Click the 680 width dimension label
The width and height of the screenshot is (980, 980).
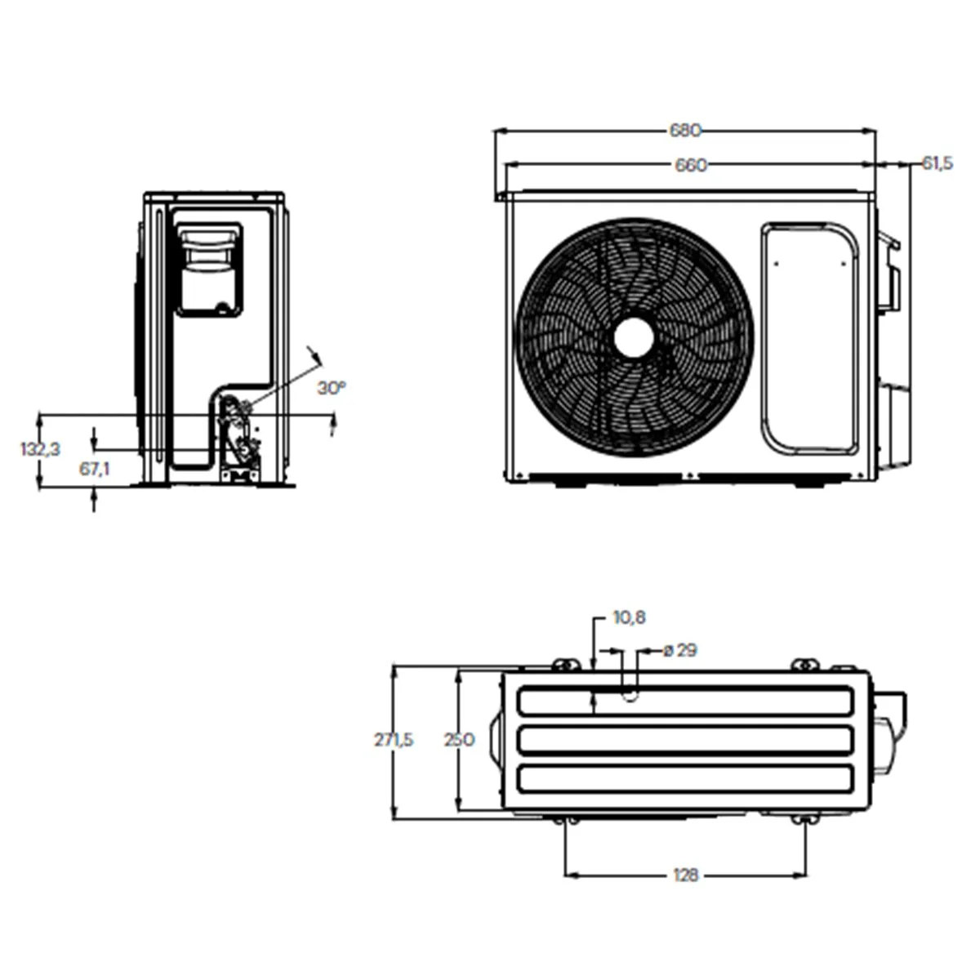[x=685, y=131]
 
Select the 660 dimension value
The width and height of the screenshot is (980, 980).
[x=690, y=165]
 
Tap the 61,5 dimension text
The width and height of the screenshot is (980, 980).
[x=937, y=163]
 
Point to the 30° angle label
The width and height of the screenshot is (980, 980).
[x=331, y=387]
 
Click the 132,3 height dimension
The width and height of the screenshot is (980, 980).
[x=40, y=448]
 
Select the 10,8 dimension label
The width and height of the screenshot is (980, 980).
[x=629, y=618]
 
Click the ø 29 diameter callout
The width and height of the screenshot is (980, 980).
[x=679, y=651]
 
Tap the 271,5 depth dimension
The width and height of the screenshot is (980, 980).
[x=394, y=740]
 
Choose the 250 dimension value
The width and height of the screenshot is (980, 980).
[x=458, y=740]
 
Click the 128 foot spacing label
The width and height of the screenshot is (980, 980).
[x=686, y=875]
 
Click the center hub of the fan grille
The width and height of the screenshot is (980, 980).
[x=633, y=337]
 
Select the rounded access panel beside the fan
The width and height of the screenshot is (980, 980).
[x=810, y=337]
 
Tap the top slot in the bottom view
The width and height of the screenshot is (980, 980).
[x=686, y=701]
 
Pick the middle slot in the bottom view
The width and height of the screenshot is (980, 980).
[x=686, y=740]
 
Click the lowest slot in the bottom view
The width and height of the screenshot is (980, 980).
[x=686, y=778]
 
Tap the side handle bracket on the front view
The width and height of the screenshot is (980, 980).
[x=888, y=274]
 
